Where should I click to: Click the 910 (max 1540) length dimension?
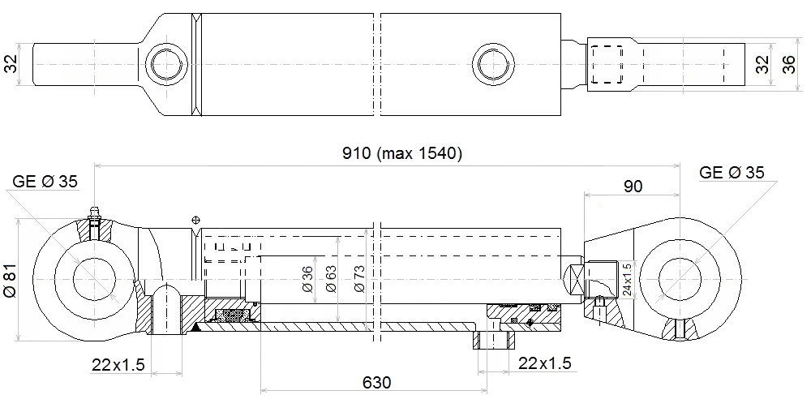[401, 153]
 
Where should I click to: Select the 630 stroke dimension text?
[376, 383]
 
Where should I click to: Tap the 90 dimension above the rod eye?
[633, 186]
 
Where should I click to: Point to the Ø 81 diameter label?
[11, 279]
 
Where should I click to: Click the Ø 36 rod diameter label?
[307, 279]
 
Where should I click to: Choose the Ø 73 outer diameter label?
[358, 279]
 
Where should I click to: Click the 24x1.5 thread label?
[626, 280]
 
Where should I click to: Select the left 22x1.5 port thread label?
[118, 365]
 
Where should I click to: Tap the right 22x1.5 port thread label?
[545, 363]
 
